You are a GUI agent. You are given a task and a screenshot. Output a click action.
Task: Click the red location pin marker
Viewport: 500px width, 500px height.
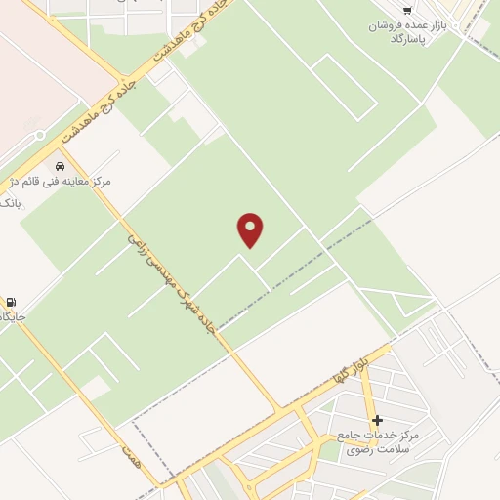click(251, 229)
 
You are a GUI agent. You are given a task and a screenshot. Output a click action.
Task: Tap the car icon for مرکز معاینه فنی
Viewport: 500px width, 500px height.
click(61, 166)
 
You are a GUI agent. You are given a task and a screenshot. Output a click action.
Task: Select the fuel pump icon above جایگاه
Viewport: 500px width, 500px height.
click(11, 302)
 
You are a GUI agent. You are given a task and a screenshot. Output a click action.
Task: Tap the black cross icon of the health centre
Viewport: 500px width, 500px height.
click(377, 420)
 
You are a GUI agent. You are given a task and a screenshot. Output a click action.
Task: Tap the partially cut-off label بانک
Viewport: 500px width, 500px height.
click(9, 202)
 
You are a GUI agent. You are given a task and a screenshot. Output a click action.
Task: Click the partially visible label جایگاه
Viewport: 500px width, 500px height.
click(12, 317)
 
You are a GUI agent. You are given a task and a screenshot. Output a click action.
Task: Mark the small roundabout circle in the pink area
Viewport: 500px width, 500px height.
click(39, 136)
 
